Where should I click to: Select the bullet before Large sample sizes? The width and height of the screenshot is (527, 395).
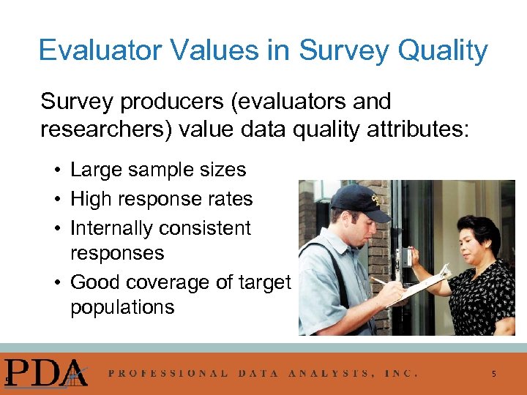coord(56,170)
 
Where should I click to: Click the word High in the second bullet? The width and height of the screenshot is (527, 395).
coord(91,199)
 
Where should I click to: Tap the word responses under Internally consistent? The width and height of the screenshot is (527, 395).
coord(117,253)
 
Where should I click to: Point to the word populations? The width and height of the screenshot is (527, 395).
coord(122,306)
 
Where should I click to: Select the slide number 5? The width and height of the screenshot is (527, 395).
coord(493,374)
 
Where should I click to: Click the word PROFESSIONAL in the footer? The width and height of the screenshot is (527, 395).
coord(168,373)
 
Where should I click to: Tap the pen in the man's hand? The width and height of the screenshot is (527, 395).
coord(380,282)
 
